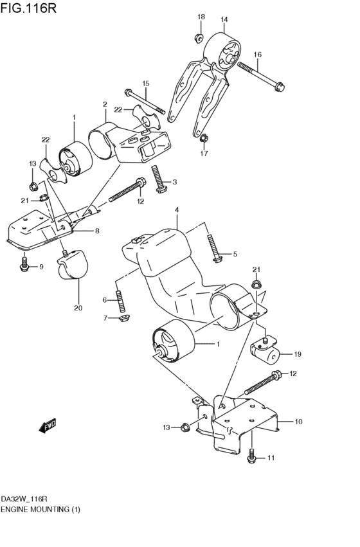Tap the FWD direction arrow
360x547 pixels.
(48, 425)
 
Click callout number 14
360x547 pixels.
(224, 19)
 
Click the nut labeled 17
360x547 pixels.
(203, 136)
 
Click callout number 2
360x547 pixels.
(104, 103)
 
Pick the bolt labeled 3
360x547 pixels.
(159, 177)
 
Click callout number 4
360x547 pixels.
(176, 210)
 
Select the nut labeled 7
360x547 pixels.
(125, 317)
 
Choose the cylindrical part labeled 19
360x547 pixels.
(264, 349)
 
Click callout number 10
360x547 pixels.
(298, 422)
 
